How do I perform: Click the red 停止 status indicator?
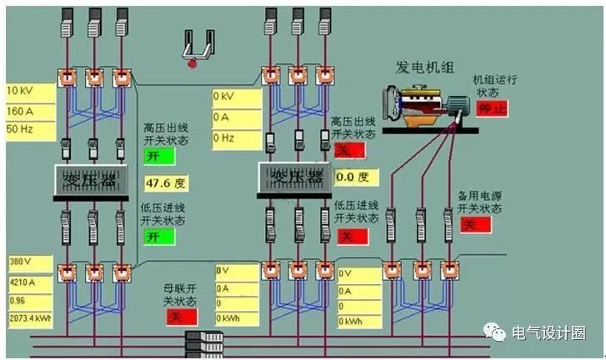click(x=491, y=108)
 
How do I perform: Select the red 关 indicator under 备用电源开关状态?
click(x=476, y=225)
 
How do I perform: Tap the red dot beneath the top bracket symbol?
click(x=193, y=62)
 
